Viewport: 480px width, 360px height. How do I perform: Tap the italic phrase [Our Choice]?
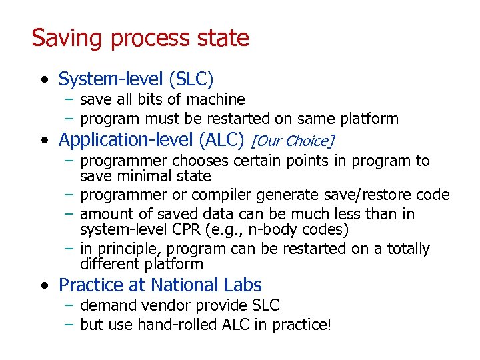pos(293,141)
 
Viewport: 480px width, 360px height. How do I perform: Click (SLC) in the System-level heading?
pos(191,79)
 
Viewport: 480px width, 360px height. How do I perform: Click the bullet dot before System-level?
pos(44,81)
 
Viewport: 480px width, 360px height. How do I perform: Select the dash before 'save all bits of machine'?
pos(69,100)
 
